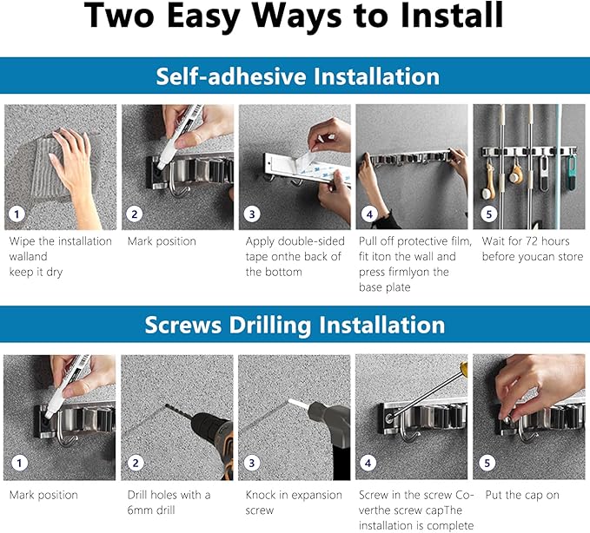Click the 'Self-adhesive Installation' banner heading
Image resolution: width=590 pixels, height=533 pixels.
tap(298, 76)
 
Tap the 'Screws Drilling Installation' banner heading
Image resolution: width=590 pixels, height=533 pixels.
tap(295, 325)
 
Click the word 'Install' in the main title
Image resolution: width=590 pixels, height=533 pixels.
tap(452, 15)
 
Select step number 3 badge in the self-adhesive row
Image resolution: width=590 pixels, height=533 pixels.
tap(252, 214)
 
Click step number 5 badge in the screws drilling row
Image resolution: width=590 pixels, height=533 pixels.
tap(487, 463)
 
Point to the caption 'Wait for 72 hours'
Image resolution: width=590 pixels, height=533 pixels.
tap(526, 241)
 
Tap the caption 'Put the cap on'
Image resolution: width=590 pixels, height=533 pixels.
tap(522, 495)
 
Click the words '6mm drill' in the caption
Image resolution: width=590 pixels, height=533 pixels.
tap(151, 510)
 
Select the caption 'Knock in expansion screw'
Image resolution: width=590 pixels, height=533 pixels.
tap(294, 502)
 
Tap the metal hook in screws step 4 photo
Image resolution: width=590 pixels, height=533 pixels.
tap(408, 429)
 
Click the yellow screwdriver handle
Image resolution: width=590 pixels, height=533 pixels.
tap(464, 369)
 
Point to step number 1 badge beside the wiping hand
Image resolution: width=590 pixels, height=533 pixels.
tap(17, 214)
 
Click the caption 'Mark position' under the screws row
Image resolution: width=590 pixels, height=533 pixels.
tap(43, 495)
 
